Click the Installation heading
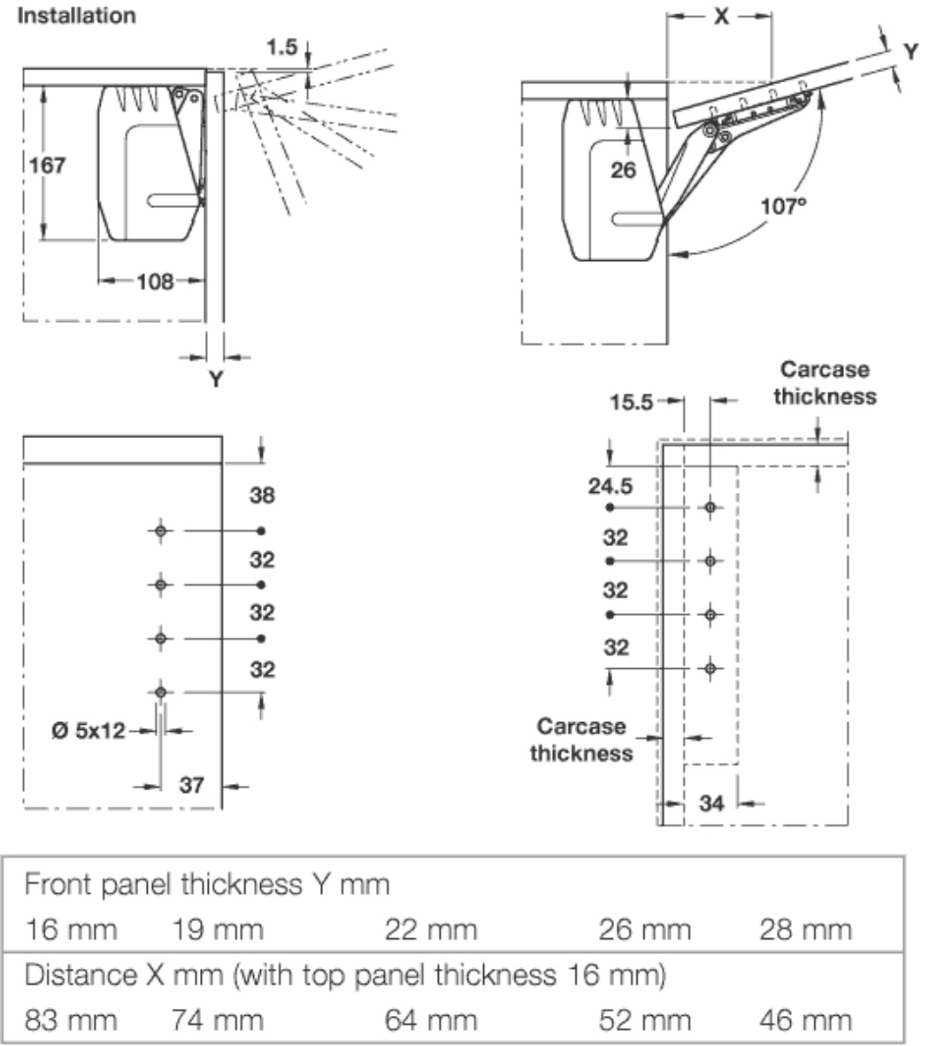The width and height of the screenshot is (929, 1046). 78,15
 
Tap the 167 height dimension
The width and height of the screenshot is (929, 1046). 48,165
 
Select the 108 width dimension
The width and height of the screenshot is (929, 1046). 155,282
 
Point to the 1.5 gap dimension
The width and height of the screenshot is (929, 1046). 282,47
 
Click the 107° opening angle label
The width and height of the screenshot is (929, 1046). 784,206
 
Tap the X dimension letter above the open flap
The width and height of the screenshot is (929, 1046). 721,16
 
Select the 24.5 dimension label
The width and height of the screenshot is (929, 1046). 610,486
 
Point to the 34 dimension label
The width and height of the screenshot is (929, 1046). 711,803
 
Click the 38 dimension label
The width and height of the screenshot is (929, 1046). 262,496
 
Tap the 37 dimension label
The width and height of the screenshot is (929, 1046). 192,785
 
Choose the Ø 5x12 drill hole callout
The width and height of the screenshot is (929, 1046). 88,731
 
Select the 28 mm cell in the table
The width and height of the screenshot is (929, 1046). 805,929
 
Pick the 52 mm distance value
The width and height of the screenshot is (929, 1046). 644,1020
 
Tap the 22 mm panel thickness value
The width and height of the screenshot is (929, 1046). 431,929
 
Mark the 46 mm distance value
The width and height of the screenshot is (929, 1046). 805,1020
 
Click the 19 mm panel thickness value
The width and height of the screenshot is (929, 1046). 217,929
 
